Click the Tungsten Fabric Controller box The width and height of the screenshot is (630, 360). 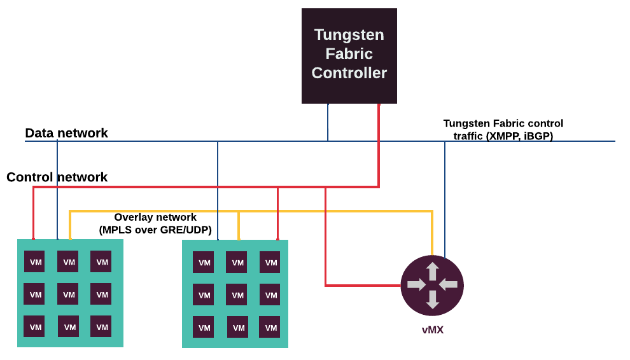[x=349, y=56]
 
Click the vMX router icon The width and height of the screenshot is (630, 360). [x=432, y=285]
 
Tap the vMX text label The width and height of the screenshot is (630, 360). [x=432, y=330]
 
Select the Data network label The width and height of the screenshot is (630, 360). [x=66, y=133]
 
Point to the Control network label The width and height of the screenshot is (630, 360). [x=57, y=177]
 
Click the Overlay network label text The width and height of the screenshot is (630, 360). [x=155, y=218]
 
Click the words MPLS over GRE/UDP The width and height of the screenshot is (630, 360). [x=155, y=230]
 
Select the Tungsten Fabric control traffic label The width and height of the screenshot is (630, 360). [x=503, y=129]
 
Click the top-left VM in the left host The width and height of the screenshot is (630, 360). [x=35, y=261]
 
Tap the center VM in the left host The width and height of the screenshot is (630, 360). [x=68, y=294]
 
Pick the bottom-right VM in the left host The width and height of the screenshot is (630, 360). [x=101, y=327]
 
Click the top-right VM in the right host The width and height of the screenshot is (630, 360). [x=270, y=262]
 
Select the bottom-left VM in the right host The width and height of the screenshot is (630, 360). [x=204, y=328]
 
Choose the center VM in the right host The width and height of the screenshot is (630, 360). [x=237, y=294]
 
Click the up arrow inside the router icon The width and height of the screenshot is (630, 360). [x=432, y=271]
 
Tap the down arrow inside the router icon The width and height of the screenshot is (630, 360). [x=432, y=300]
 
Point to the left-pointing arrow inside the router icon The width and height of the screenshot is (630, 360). [x=449, y=284]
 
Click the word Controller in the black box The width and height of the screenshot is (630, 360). [x=349, y=73]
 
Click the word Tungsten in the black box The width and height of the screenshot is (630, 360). [x=349, y=34]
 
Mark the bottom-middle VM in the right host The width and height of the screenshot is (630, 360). [x=237, y=328]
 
